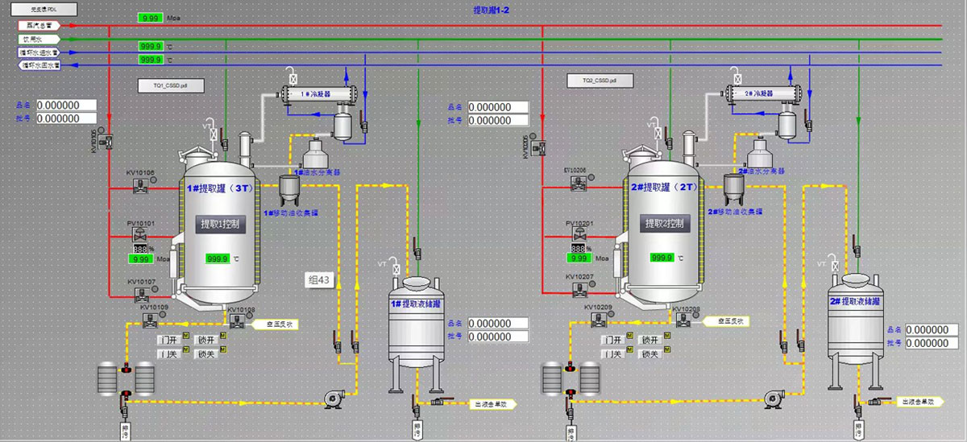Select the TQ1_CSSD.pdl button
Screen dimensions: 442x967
pos(171,83)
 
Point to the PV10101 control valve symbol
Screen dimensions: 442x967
pos(140,235)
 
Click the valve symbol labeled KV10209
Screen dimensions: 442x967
pos(599,320)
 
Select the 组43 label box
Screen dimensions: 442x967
pos(320,280)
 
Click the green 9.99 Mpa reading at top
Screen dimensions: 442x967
pos(149,18)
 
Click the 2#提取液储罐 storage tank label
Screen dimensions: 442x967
pos(854,300)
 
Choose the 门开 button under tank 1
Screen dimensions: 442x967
pos(168,340)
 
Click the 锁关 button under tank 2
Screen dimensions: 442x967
pos(649,354)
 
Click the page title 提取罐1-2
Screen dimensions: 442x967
pos(492,10)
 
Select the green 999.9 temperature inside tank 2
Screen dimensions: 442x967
pos(662,258)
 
